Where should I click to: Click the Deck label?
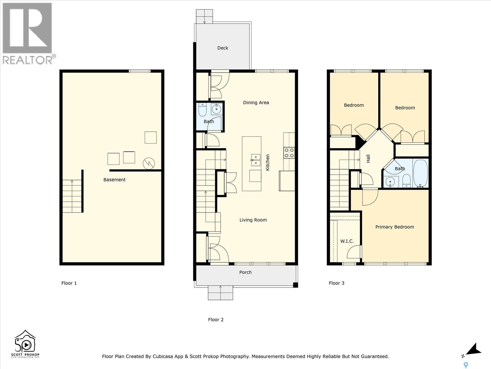[x=222, y=48]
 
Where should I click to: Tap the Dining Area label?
[x=256, y=103]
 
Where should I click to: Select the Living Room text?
[x=253, y=220]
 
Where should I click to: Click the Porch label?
[x=245, y=272]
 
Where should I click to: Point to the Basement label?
[x=114, y=180]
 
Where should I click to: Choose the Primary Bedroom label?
[x=395, y=227]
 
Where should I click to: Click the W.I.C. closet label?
[x=347, y=241]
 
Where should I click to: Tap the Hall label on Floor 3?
[x=368, y=159]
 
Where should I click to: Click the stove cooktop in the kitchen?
[x=289, y=153]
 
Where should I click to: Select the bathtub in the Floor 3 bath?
[x=420, y=173]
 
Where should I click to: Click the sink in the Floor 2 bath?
[x=216, y=109]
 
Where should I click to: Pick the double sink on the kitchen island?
[x=256, y=160]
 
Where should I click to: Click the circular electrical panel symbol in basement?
[x=149, y=164]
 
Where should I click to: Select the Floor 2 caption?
[x=216, y=320]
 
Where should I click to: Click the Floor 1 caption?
[x=69, y=283]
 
